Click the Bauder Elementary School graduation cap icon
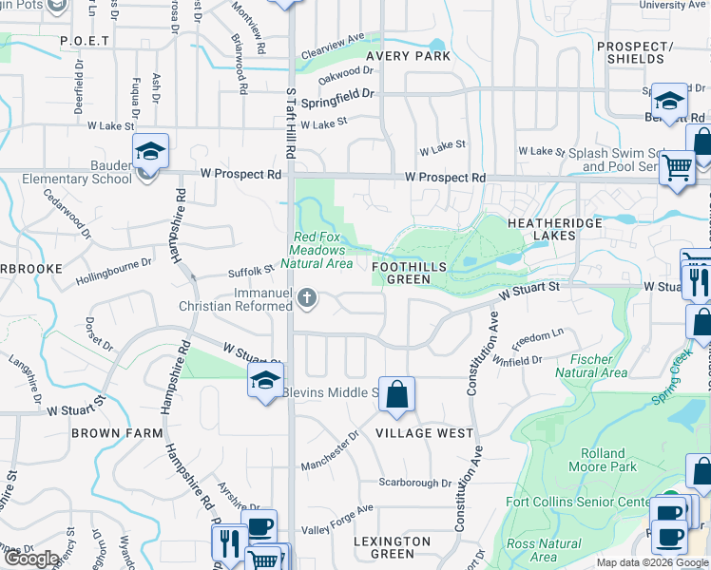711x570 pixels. click(x=149, y=152)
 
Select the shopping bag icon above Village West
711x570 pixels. click(x=396, y=394)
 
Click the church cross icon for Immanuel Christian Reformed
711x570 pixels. click(x=306, y=299)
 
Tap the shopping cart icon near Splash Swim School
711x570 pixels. click(x=676, y=167)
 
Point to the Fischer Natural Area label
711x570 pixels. click(x=597, y=367)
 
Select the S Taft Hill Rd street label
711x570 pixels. click(x=291, y=119)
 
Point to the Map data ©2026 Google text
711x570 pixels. click(x=652, y=562)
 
